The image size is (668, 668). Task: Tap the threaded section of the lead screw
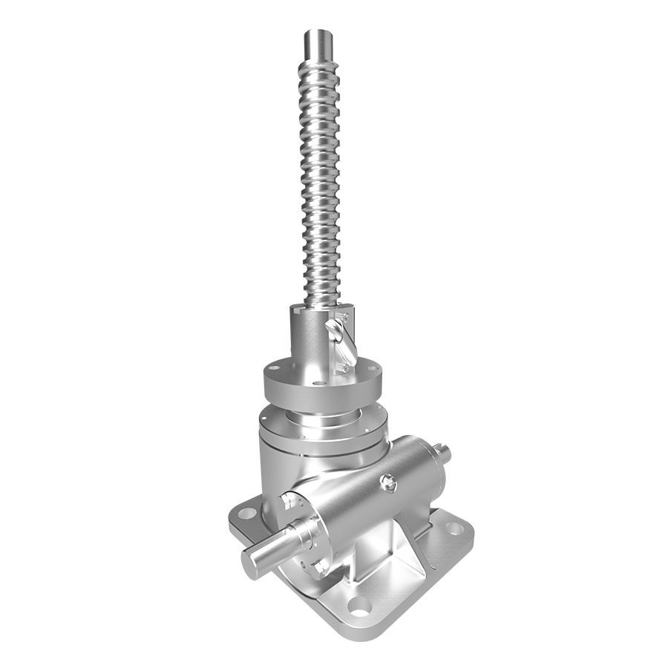coord(321,186)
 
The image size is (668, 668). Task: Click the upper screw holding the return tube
coord(343,317)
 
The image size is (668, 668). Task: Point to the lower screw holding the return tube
coord(342,366)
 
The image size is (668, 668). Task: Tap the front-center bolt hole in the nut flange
coord(318,384)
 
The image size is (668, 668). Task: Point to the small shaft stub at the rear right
coord(443,452)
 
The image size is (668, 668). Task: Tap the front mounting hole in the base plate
coord(359,607)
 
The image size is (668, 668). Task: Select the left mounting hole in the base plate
coord(247,513)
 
